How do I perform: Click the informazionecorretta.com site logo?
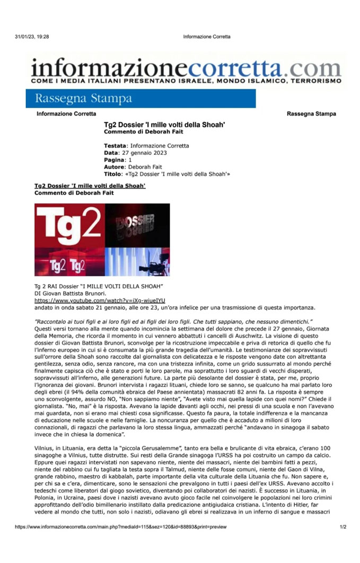[x=186, y=71]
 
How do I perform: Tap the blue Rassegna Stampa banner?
[x=141, y=99]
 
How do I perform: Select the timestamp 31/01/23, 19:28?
[x=32, y=37]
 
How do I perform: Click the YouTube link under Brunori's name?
[x=100, y=300]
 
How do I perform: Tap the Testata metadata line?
[x=146, y=146]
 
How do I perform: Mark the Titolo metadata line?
[x=166, y=173]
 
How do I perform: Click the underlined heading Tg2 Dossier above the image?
[x=90, y=186]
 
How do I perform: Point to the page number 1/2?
[x=343, y=527]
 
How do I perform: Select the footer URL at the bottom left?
[x=120, y=527]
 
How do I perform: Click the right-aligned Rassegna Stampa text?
[x=311, y=114]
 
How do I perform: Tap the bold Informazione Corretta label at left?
[x=66, y=114]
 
